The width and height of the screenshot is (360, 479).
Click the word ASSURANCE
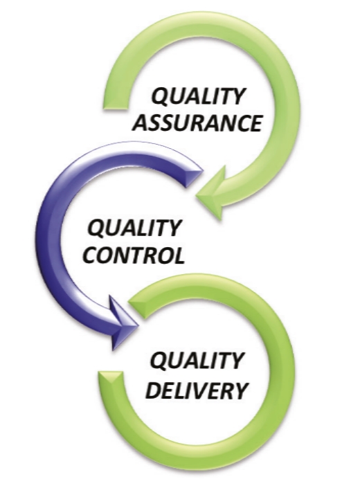[197, 123]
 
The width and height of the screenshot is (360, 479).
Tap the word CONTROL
[134, 255]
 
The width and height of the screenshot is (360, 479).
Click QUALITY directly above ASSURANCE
[198, 96]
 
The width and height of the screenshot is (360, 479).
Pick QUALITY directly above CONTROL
[134, 228]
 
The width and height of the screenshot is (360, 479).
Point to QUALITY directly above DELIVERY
[196, 361]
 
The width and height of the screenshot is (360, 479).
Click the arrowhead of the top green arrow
[213, 193]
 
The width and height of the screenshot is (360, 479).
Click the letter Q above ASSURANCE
[160, 96]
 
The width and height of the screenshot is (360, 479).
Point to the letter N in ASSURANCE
[228, 123]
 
